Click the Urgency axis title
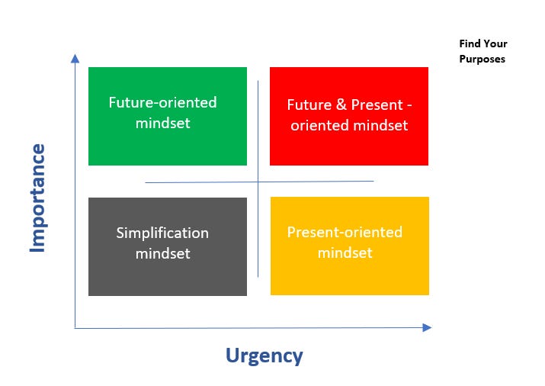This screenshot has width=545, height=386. click(x=264, y=355)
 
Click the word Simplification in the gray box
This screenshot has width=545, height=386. click(x=162, y=233)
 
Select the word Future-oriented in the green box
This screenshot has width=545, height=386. click(x=162, y=102)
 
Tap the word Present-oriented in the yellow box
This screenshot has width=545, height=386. click(x=345, y=232)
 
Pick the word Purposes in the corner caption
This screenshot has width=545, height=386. click(x=482, y=59)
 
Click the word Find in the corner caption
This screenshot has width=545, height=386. click(x=469, y=43)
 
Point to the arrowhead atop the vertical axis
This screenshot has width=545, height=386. click(x=75, y=58)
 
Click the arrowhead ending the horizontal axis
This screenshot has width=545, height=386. click(x=427, y=327)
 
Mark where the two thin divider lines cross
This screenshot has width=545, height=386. click(x=258, y=182)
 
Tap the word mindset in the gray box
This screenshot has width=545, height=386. click(x=162, y=253)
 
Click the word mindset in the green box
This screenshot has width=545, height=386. click(x=162, y=122)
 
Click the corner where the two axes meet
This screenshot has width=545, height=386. click(x=75, y=327)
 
